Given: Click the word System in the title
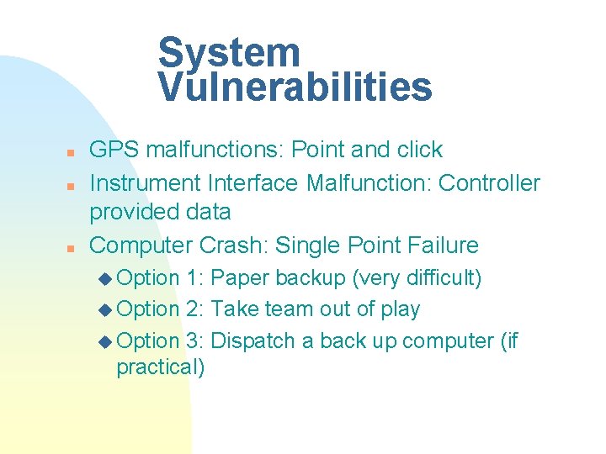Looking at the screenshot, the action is (x=229, y=52).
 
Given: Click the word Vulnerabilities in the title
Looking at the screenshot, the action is (x=295, y=86).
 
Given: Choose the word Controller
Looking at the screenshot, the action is (x=490, y=182).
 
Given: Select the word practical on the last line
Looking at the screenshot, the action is (x=160, y=367).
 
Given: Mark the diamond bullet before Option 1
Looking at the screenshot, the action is (x=104, y=279).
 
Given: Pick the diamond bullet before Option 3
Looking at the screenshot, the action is (x=104, y=342).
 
